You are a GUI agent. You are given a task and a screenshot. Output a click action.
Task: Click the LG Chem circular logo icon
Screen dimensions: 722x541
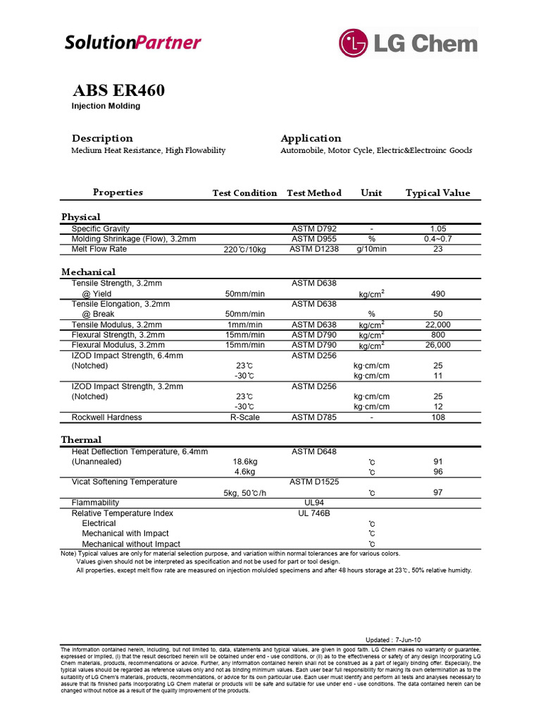(354, 42)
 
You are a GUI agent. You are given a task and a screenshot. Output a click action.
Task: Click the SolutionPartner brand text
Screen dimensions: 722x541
(132, 42)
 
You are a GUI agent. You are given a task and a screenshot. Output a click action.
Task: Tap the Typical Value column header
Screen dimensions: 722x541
(437, 192)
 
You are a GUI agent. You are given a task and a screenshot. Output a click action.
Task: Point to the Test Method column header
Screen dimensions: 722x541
(314, 192)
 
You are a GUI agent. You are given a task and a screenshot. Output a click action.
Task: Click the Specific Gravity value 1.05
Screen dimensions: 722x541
(437, 229)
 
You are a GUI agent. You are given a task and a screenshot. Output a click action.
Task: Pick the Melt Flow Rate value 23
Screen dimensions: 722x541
(437, 249)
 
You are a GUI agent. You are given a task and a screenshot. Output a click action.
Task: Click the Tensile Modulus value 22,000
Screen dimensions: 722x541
(437, 324)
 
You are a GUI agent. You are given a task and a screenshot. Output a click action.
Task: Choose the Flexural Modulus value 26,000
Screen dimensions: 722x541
(437, 345)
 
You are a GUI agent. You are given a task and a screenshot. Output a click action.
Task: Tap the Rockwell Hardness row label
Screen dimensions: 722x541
(106, 417)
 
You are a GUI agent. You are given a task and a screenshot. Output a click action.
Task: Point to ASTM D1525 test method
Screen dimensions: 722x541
(314, 482)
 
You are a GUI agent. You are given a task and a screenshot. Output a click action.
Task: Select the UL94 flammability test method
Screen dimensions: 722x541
(314, 503)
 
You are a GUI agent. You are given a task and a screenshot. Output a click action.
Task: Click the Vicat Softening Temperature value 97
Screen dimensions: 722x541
(437, 493)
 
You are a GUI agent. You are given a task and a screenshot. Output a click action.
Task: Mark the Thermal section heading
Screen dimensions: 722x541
(81, 439)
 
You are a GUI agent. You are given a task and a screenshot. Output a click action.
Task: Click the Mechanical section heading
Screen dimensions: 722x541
(89, 271)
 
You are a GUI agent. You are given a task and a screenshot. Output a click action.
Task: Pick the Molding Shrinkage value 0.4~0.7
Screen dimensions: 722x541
(437, 239)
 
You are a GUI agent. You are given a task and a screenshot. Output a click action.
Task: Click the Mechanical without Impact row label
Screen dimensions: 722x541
(131, 544)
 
